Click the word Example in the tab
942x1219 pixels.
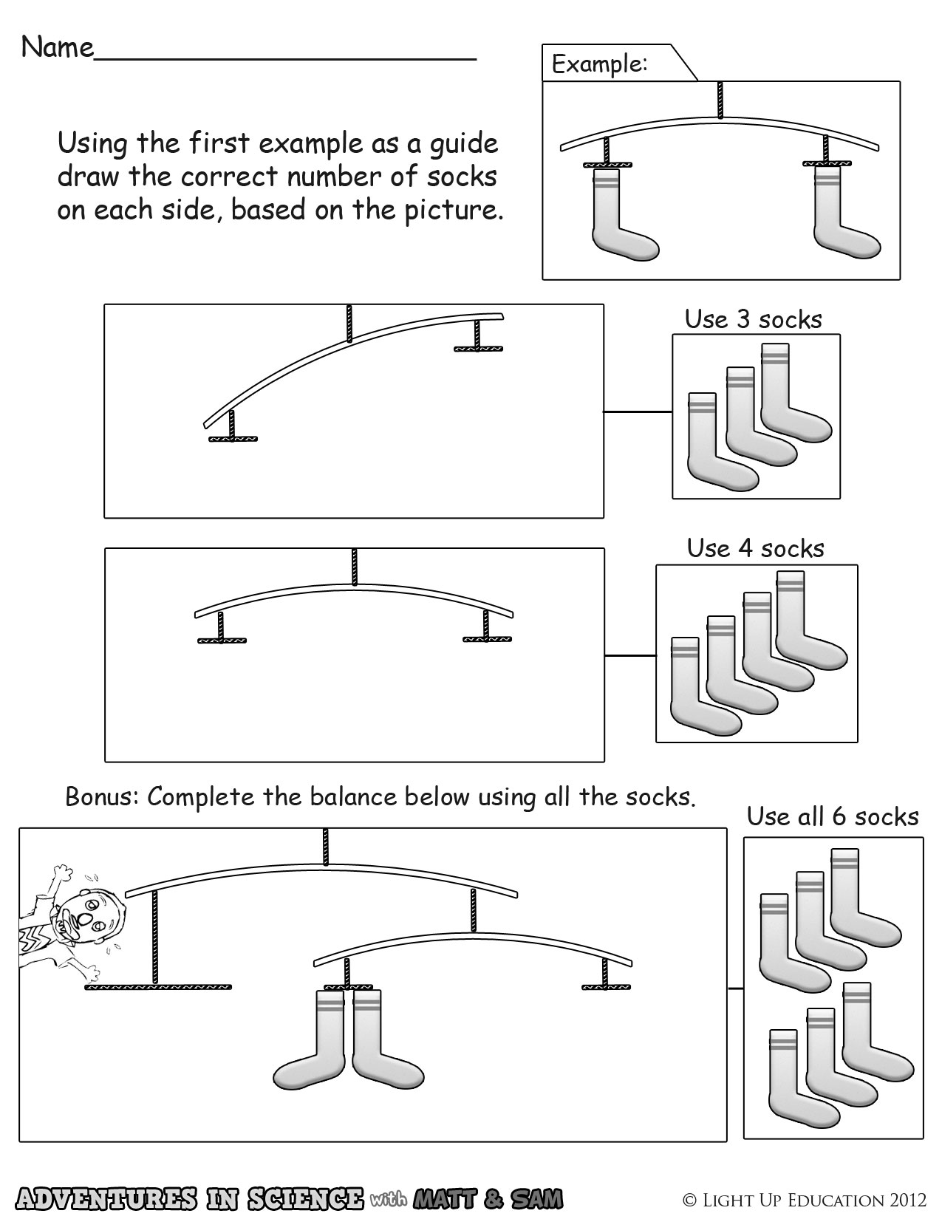tap(599, 64)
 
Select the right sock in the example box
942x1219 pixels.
tap(839, 214)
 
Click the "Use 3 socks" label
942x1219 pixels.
tap(753, 320)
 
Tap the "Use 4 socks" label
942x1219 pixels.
tap(755, 549)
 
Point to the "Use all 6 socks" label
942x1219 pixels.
tap(833, 817)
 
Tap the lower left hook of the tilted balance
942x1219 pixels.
tap(233, 437)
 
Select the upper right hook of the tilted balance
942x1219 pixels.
tap(479, 347)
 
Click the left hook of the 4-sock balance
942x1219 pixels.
tap(222, 639)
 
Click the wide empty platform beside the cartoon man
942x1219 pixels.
tap(157, 986)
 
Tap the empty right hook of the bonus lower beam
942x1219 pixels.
tap(604, 985)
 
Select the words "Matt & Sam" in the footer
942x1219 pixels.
tap(488, 1198)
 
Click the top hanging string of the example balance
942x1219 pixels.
tap(719, 100)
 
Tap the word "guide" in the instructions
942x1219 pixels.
tap(463, 143)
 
